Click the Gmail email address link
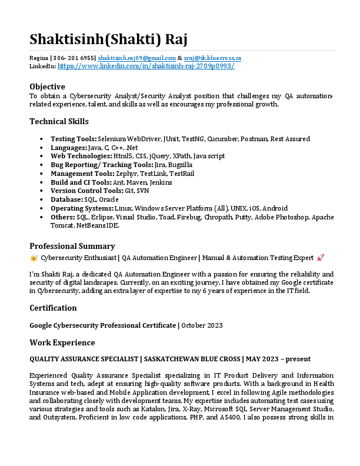point(137,58)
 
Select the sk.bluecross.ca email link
point(212,58)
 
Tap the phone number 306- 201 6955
point(74,58)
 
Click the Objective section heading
point(47,86)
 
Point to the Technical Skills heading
point(59,122)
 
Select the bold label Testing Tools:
point(74,139)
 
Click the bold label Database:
point(66,199)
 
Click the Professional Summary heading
point(72,246)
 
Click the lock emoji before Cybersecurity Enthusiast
point(34,258)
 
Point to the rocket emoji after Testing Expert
point(321,258)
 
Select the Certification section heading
point(53,308)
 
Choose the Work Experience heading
point(62,342)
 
